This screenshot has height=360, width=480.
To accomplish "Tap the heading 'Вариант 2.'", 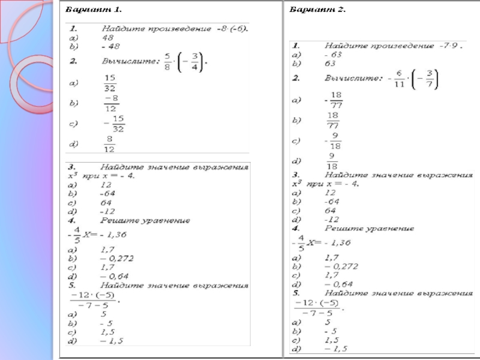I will point(317,10).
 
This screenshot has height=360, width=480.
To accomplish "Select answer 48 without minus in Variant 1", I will point(108,37).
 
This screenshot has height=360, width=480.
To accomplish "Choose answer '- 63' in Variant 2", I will point(333,54).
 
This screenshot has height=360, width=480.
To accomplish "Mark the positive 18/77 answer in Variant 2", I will point(334,121).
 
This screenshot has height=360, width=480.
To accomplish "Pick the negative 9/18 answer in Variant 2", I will point(332,142).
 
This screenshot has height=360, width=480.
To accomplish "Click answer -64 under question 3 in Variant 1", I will point(108,194).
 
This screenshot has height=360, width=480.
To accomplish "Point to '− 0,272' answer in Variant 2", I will point(341,265).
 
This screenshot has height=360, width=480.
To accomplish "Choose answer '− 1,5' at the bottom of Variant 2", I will point(336,349).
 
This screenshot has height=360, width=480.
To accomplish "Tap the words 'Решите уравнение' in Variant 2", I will point(368,229).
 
